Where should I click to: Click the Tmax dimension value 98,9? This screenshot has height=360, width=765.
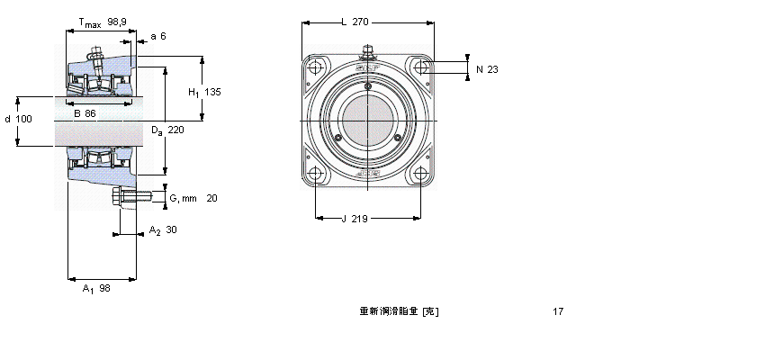[x=117, y=21]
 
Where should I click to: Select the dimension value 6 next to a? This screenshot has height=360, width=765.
[x=163, y=36]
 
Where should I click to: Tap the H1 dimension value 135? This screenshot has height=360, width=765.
[x=212, y=93]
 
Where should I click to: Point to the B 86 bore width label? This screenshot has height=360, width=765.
[x=85, y=113]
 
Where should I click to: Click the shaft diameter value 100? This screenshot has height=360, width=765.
[x=23, y=120]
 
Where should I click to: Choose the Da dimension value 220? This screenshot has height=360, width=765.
[x=175, y=130]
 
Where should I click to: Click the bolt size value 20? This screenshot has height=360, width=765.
[x=211, y=198]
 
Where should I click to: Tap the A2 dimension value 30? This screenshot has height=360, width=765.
[x=171, y=229]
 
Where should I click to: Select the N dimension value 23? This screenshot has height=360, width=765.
[x=492, y=69]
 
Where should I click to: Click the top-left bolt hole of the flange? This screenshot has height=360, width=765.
[x=315, y=67]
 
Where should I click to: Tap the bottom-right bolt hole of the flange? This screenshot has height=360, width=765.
[x=419, y=174]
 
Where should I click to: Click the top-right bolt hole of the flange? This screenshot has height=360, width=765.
[x=419, y=67]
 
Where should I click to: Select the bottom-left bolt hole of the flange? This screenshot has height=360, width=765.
[x=315, y=174]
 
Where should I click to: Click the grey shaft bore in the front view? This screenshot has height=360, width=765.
[x=367, y=121]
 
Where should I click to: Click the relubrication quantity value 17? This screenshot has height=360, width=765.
[x=558, y=311]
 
